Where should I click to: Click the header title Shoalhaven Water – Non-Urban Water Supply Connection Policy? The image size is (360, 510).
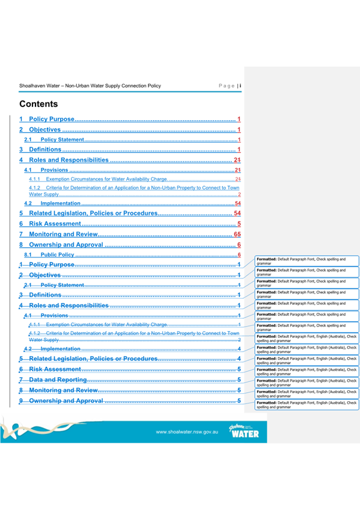[x=90, y=86]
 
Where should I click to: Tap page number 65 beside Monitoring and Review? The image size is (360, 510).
[x=237, y=234]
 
